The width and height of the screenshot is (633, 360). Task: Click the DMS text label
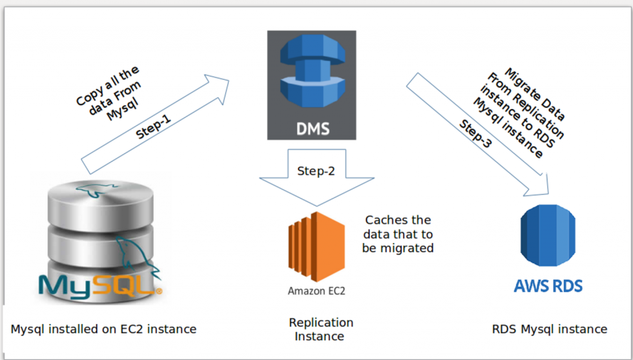[x=312, y=129]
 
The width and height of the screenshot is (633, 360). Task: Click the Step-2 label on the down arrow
[x=316, y=171]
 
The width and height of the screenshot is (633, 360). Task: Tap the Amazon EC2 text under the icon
[x=316, y=290]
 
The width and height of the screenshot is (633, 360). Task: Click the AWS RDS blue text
[x=548, y=286]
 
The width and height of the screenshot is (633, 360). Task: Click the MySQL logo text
[x=99, y=285]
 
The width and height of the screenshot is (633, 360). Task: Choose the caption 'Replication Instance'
[x=320, y=329]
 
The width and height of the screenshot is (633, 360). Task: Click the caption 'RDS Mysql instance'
[x=549, y=329]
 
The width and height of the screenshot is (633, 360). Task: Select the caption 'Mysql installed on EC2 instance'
[x=103, y=329]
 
